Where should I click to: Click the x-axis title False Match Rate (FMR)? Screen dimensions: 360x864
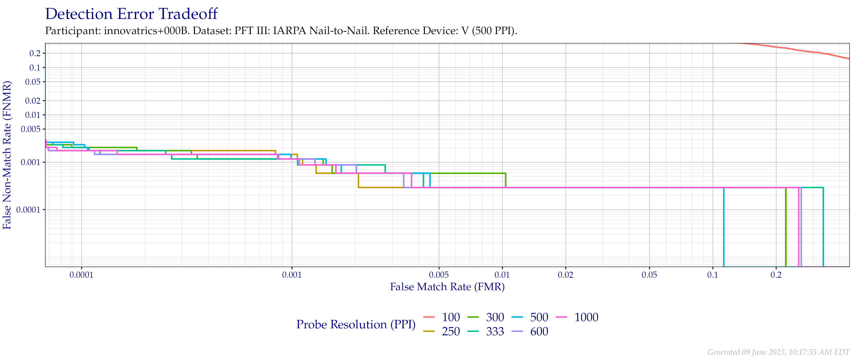pos(447,287)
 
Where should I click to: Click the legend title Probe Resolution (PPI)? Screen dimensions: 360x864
pos(356,324)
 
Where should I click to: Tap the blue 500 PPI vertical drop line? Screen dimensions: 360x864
pos(723,228)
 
